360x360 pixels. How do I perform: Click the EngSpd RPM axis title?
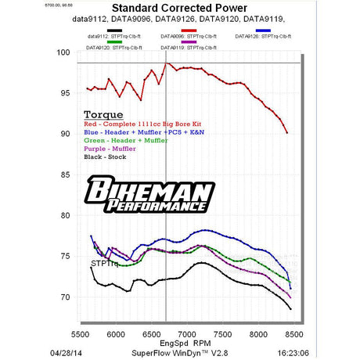[x=185, y=341]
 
